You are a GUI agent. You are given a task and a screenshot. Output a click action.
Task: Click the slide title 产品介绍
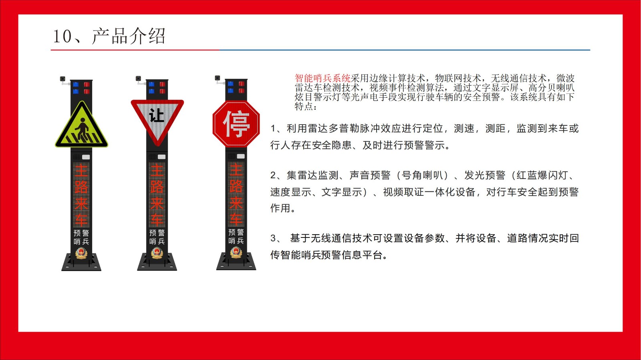coord(129,36)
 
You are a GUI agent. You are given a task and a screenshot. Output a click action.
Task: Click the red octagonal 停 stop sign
coord(236,124)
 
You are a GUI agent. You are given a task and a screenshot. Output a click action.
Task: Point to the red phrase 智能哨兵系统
coord(323,78)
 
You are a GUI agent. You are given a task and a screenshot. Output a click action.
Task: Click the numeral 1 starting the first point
coord(273,129)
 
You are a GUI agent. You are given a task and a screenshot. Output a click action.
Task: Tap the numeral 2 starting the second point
coord(273,175)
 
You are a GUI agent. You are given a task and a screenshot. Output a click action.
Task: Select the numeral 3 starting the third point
coord(273,238)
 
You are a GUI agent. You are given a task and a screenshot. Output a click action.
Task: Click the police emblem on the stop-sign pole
coord(236,252)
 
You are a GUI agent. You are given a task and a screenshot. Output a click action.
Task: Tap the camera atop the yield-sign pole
coord(138,79)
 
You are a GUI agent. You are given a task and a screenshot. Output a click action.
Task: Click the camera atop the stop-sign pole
coord(217,78)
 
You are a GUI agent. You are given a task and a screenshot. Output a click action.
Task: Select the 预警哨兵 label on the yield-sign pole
coord(157,237)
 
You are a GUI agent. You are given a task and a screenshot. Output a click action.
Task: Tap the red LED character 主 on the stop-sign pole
coord(236,169)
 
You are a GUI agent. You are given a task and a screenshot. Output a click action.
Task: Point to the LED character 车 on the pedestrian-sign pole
coord(81,219)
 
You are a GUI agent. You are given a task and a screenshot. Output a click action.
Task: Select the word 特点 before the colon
coord(304,107)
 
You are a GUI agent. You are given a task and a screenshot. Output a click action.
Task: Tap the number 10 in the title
coord(62,36)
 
